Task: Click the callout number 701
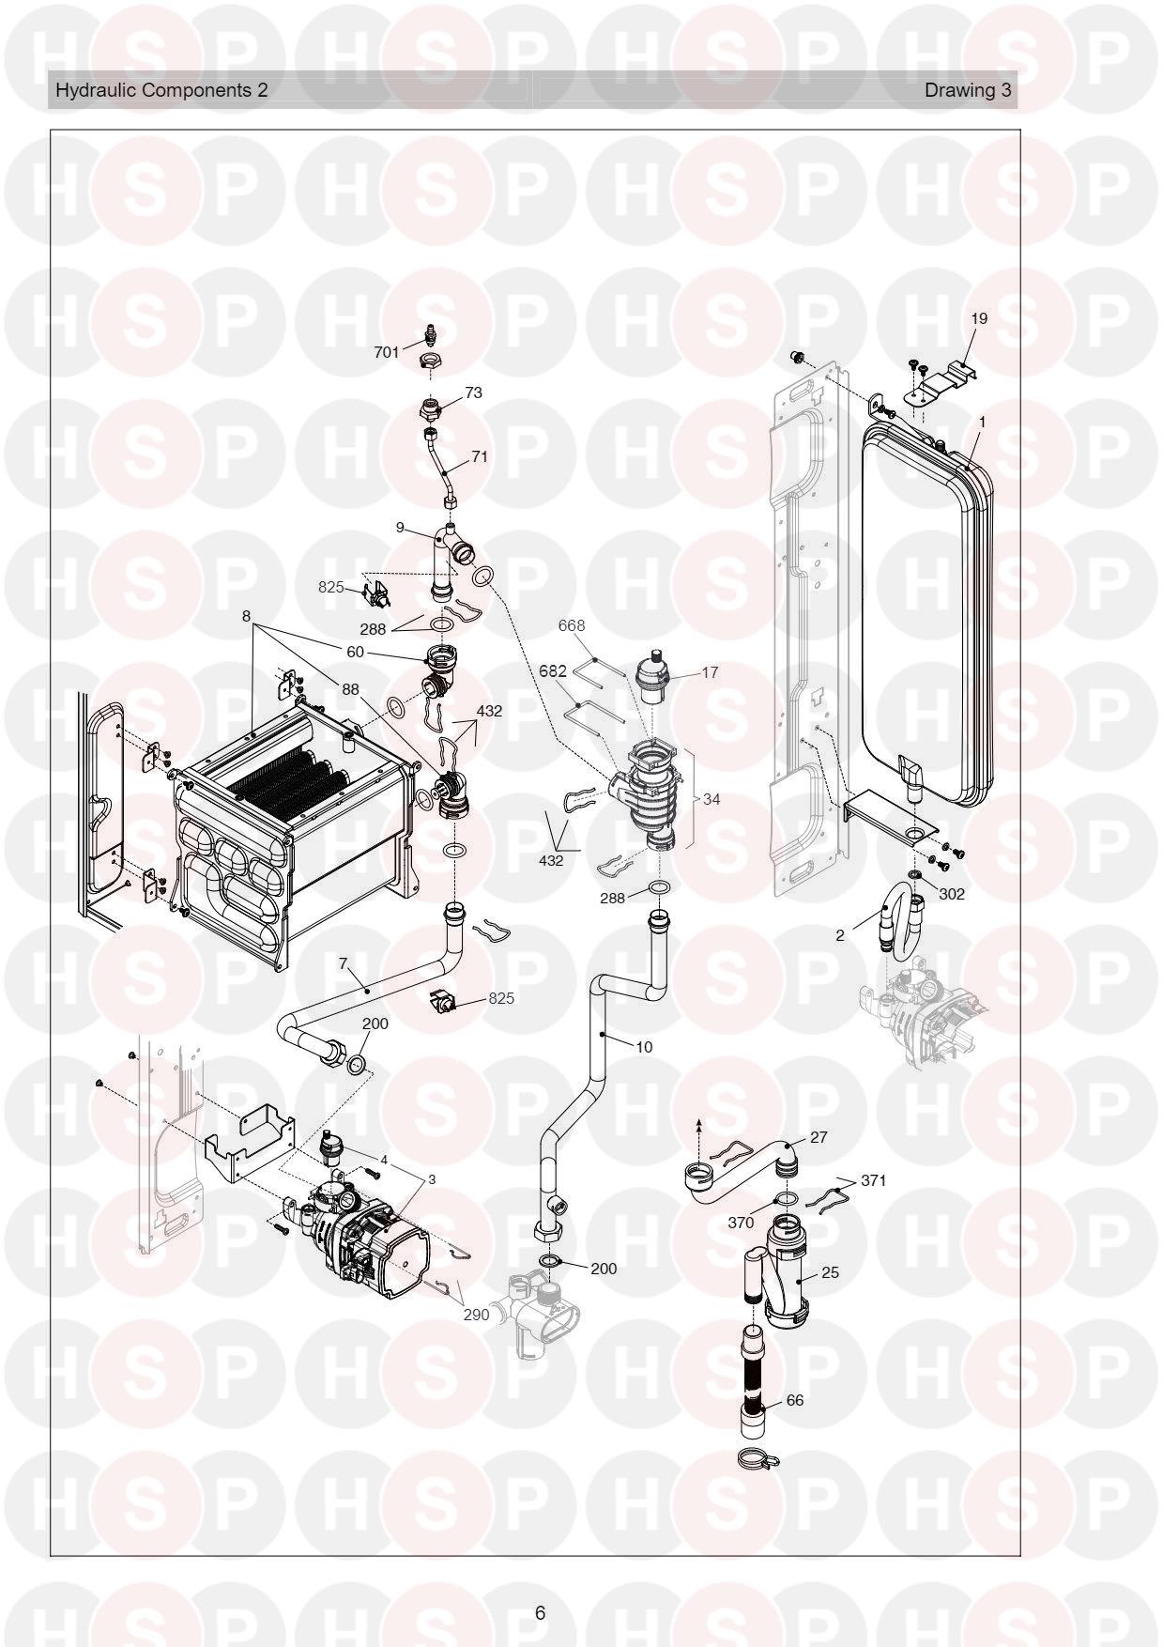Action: tap(387, 353)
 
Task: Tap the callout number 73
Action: tap(474, 393)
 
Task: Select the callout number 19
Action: tap(979, 319)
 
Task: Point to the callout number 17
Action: tap(710, 672)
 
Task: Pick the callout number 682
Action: tap(553, 671)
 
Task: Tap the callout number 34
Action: tap(712, 799)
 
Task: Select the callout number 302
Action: tap(952, 894)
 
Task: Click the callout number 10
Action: tap(644, 1046)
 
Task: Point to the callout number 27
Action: tap(819, 1137)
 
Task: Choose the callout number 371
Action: tap(874, 1180)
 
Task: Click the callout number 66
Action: tap(794, 1400)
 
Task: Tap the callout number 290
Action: tap(476, 1315)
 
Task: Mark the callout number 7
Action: tap(344, 963)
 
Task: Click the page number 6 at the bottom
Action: tap(540, 1613)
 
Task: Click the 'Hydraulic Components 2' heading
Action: tap(161, 90)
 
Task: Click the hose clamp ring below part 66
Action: tap(757, 1458)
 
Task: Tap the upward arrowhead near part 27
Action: tap(699, 1122)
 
